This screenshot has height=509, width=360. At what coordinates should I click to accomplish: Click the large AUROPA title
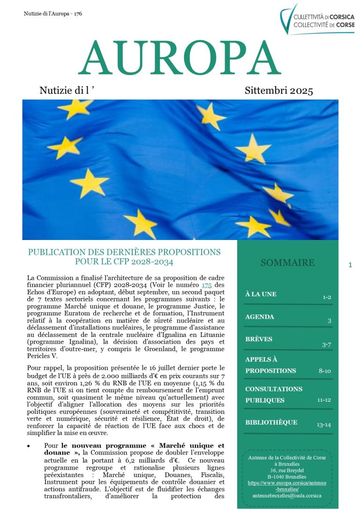pos(180,59)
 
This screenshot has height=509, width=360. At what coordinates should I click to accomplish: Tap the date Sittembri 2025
pos(278,90)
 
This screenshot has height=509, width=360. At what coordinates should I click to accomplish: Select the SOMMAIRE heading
pos(287,262)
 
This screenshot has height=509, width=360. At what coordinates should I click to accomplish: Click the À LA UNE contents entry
pos(261,294)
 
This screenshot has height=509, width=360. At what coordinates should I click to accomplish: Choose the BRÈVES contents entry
pos(258,339)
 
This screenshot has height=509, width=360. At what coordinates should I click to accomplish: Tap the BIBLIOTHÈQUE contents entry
pos(271,422)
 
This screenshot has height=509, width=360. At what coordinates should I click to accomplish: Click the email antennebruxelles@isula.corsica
pos(287,495)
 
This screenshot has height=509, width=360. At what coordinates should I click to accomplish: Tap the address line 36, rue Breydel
pos(287,470)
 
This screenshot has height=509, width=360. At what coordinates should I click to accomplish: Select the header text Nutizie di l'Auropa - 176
pos(53,14)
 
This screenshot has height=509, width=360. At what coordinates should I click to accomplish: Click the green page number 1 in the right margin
pos(350,265)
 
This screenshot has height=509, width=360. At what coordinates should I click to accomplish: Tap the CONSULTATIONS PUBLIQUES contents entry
pos(274,395)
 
